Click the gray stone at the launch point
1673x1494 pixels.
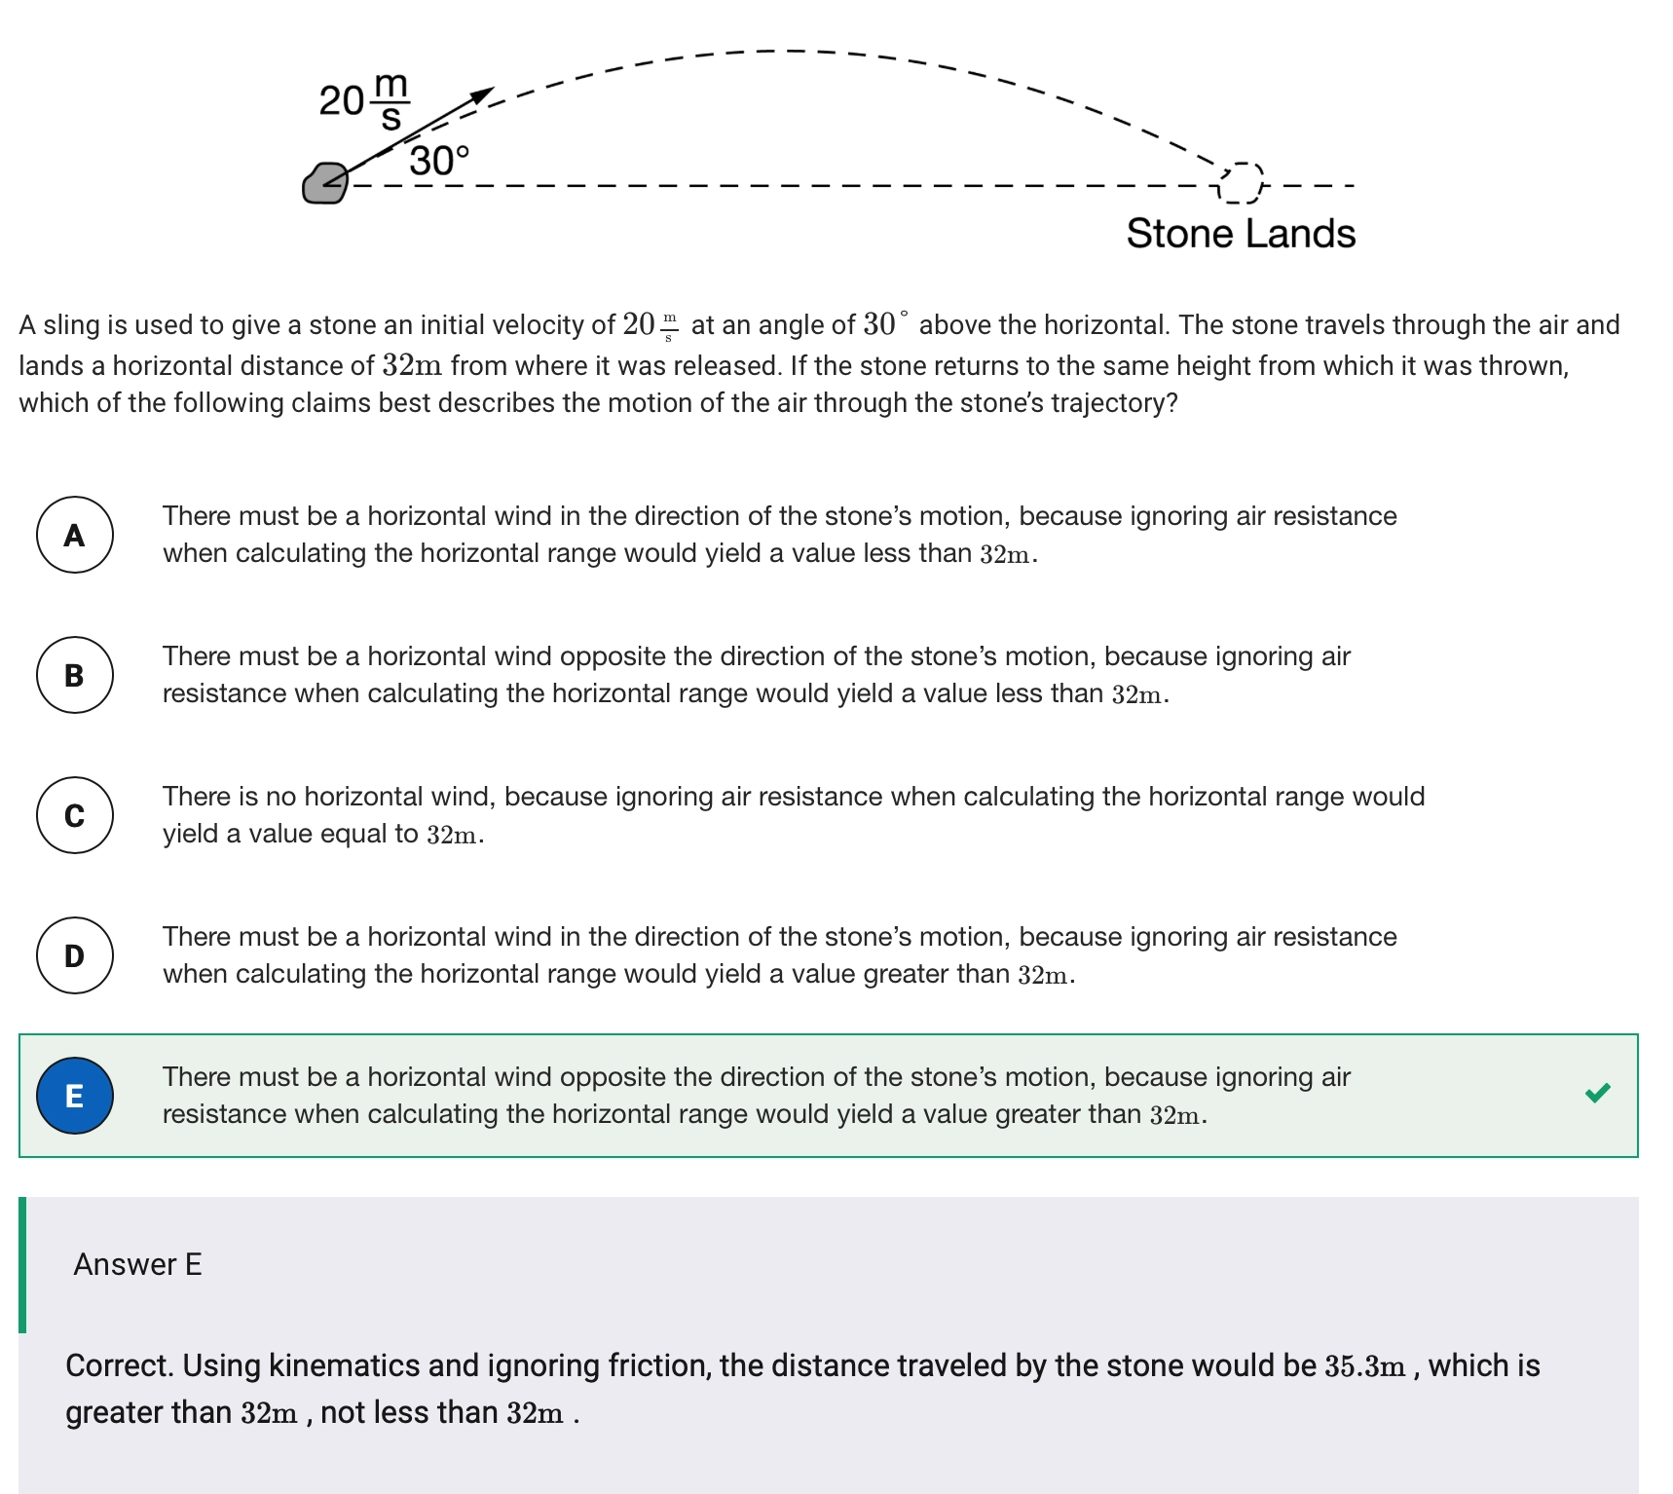[x=324, y=183]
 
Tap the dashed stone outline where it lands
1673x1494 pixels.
[x=1240, y=182]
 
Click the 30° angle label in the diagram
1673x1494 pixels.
[x=439, y=161]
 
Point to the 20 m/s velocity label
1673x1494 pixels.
[x=365, y=99]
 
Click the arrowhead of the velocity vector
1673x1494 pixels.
[x=481, y=94]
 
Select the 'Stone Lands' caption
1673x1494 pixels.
[x=1241, y=234]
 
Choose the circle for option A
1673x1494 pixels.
[x=75, y=535]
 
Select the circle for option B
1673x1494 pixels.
[x=75, y=675]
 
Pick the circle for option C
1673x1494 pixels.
[x=75, y=815]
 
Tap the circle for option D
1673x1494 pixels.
[x=75, y=955]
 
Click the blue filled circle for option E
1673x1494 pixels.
[x=75, y=1096]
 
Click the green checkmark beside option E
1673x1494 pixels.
[x=1597, y=1093]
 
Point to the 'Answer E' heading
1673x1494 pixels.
[x=137, y=1264]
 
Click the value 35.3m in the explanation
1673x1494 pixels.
[x=1364, y=1366]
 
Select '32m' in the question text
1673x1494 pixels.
[x=412, y=366]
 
